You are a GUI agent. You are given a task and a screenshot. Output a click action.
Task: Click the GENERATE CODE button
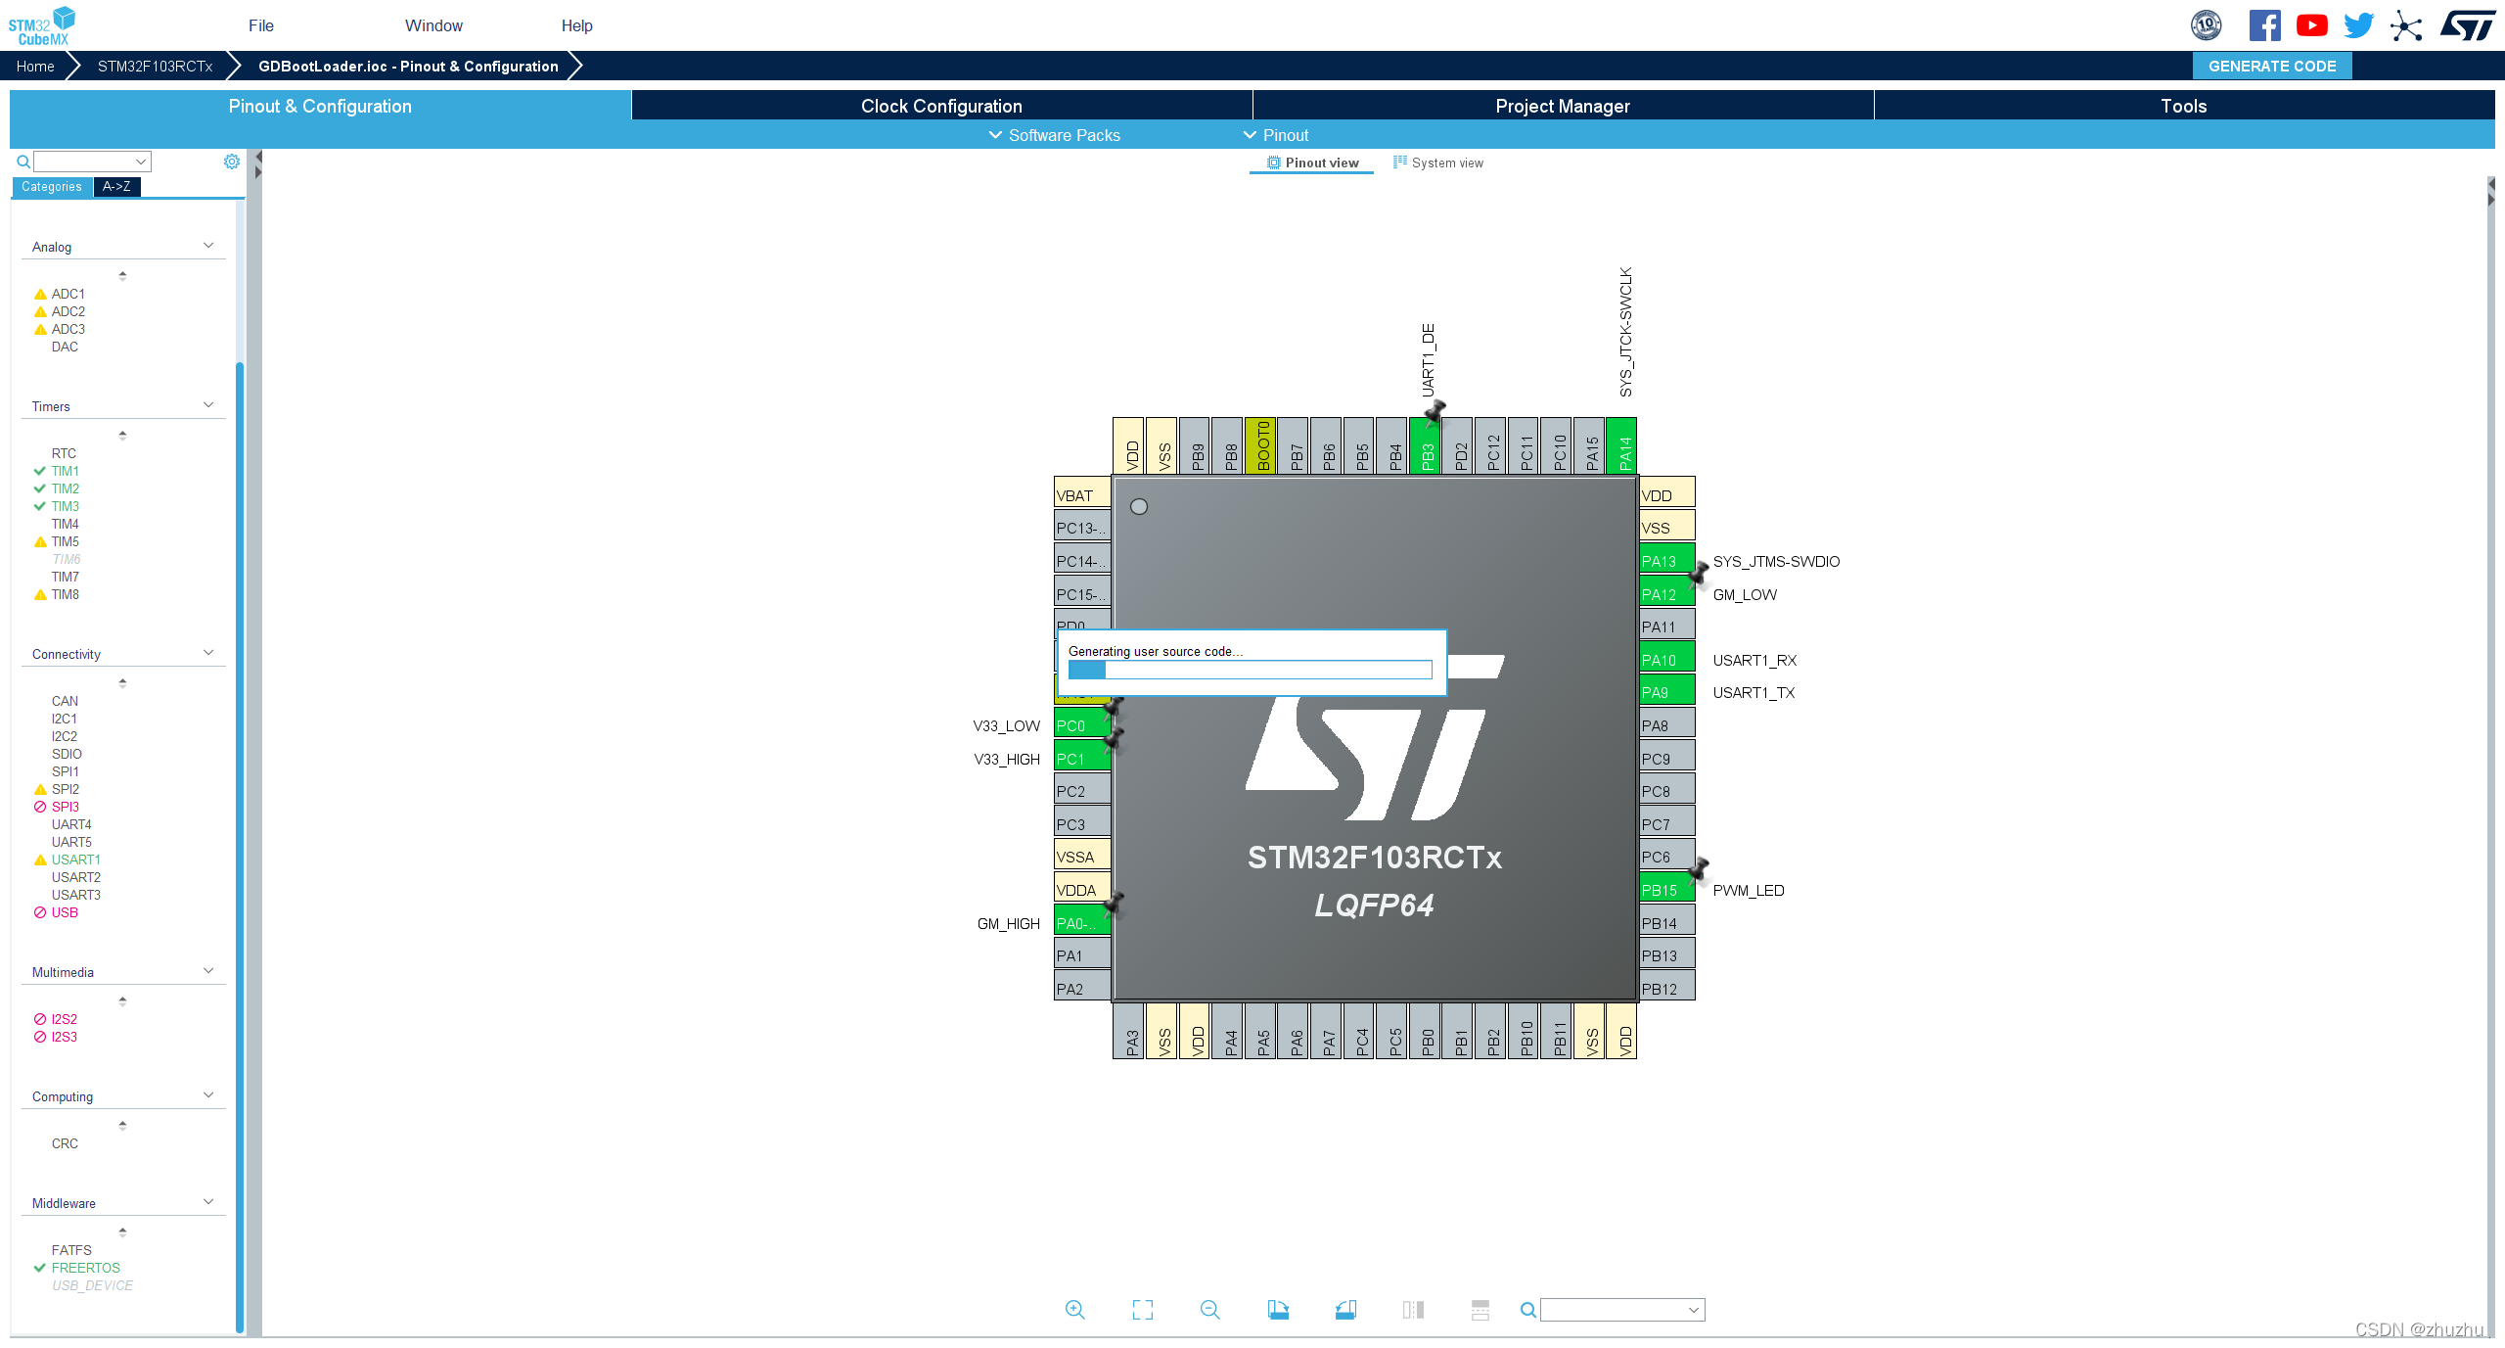(x=2271, y=67)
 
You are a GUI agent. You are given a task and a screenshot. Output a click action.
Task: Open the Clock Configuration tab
(x=940, y=106)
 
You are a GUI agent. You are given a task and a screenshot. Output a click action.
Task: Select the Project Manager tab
(x=1562, y=106)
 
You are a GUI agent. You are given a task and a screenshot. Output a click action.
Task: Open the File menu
(x=260, y=25)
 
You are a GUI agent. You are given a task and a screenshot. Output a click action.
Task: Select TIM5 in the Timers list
(x=65, y=541)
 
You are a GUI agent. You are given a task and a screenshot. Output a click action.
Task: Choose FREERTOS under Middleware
(x=85, y=1268)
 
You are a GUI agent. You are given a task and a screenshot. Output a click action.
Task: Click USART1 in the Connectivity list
(x=75, y=860)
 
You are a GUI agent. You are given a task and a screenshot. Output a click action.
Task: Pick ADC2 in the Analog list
(x=68, y=311)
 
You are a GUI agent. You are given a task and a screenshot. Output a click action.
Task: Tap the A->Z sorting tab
(x=116, y=186)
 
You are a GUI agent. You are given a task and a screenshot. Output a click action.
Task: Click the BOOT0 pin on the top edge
(x=1261, y=446)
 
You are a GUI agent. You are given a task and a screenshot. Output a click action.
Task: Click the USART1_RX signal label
(x=1753, y=660)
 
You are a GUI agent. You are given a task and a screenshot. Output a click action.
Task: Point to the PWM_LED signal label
(x=1748, y=890)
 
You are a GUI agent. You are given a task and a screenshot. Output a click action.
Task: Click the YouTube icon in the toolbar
(x=2311, y=25)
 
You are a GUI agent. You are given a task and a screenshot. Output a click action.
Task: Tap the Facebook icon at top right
(x=2264, y=25)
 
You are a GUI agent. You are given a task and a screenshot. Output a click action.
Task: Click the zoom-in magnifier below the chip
(x=1074, y=1310)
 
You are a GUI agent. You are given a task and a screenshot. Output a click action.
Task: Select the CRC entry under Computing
(x=65, y=1143)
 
